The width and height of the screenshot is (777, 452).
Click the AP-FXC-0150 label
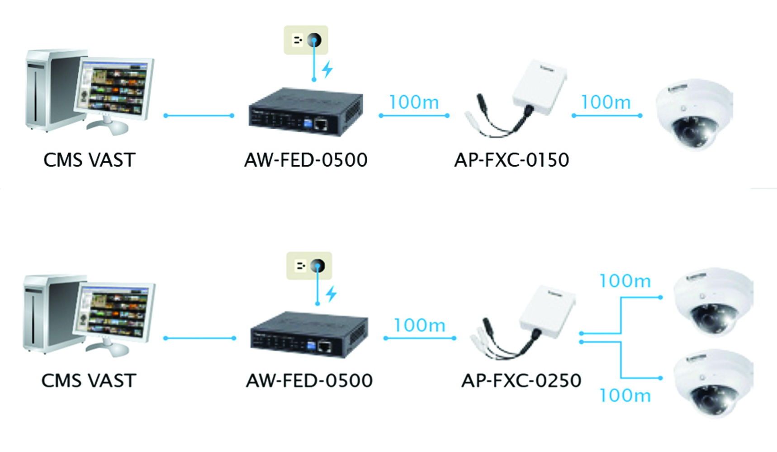coord(512,160)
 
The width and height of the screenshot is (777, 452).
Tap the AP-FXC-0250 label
coord(521,381)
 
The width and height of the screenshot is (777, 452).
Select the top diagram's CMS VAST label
coord(89,160)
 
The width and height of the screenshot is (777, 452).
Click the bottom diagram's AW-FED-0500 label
coord(309,381)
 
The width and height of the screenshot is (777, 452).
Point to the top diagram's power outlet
coord(306,40)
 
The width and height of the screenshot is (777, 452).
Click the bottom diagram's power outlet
coord(309,266)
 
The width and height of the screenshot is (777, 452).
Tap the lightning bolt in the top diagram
coord(327,69)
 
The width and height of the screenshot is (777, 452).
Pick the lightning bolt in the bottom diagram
coord(332,294)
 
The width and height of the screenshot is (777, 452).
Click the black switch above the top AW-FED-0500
coord(306,112)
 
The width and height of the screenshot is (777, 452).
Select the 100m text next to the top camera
coord(606,103)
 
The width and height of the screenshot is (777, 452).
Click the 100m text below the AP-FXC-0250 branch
coord(625,396)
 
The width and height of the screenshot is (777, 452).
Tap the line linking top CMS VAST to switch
coord(199,116)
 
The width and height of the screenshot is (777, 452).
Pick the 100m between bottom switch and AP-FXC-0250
coord(419,325)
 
